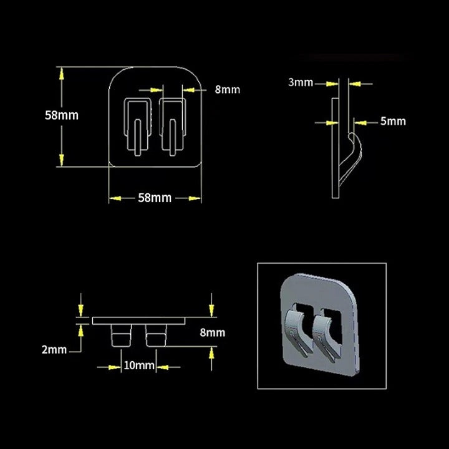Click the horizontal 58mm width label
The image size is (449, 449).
point(155,198)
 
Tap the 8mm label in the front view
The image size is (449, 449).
point(227,89)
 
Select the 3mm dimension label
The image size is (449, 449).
point(301,82)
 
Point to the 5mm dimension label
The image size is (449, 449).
point(393,121)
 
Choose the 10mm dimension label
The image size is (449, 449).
point(138,365)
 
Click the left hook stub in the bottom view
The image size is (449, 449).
point(120,335)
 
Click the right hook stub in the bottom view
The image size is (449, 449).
point(156,335)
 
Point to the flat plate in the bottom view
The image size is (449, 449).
point(138,321)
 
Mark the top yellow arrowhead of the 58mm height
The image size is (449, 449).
point(61,74)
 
